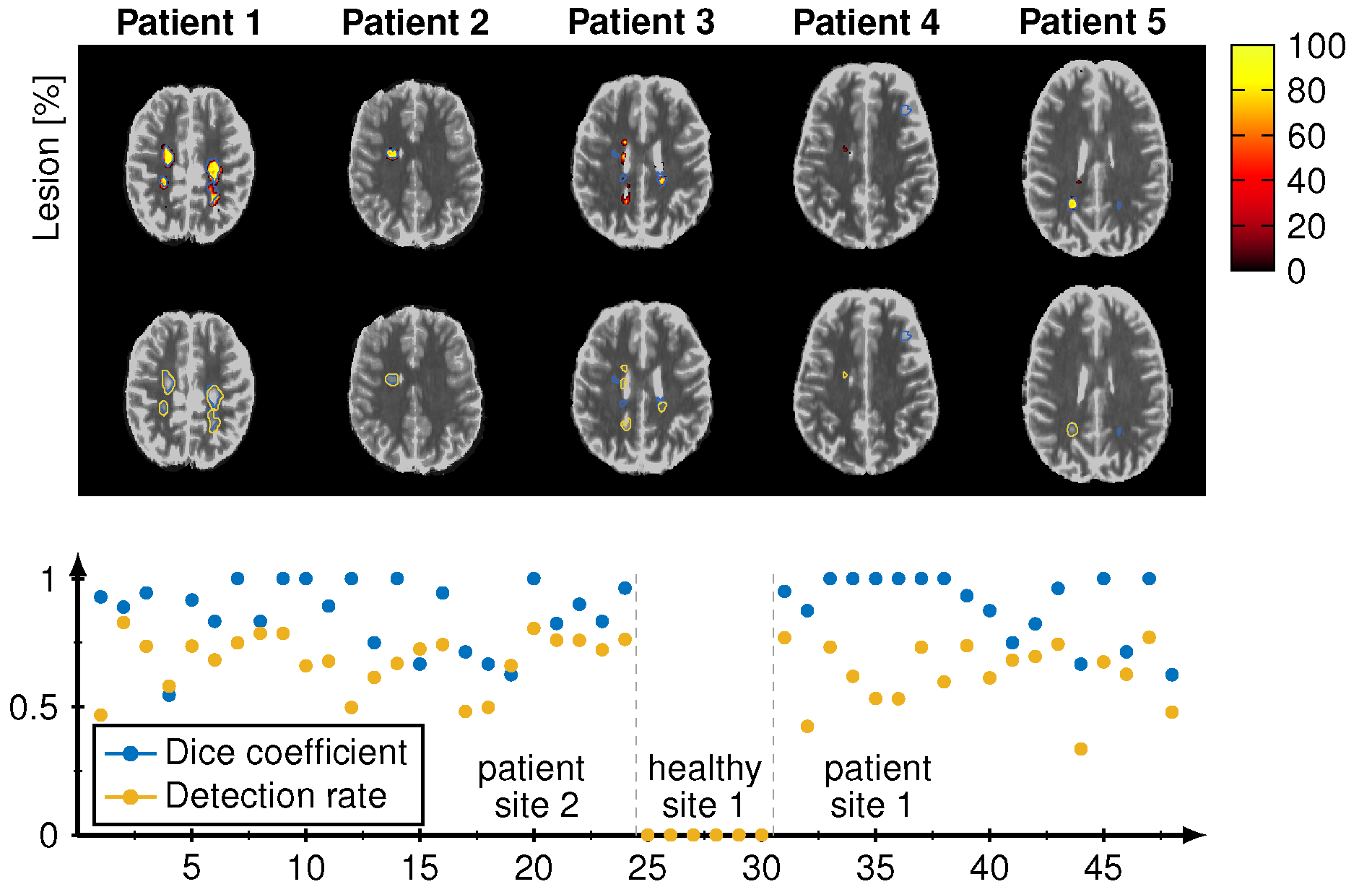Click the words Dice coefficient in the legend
click(286, 753)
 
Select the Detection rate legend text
click(276, 796)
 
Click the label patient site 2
click(532, 786)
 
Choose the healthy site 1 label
click(704, 786)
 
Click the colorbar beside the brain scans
click(1252, 157)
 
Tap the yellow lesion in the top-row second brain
click(391, 153)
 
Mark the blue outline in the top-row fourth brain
click(906, 110)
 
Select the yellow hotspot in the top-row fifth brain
click(1072, 204)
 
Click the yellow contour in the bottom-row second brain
click(391, 379)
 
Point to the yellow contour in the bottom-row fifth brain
click(1072, 430)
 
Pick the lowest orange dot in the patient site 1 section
click(1080, 749)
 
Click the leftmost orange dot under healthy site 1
click(648, 835)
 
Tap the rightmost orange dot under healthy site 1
click(761, 835)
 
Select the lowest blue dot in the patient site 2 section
click(169, 696)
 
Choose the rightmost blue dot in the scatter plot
click(1171, 675)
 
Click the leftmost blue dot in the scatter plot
click(100, 597)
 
